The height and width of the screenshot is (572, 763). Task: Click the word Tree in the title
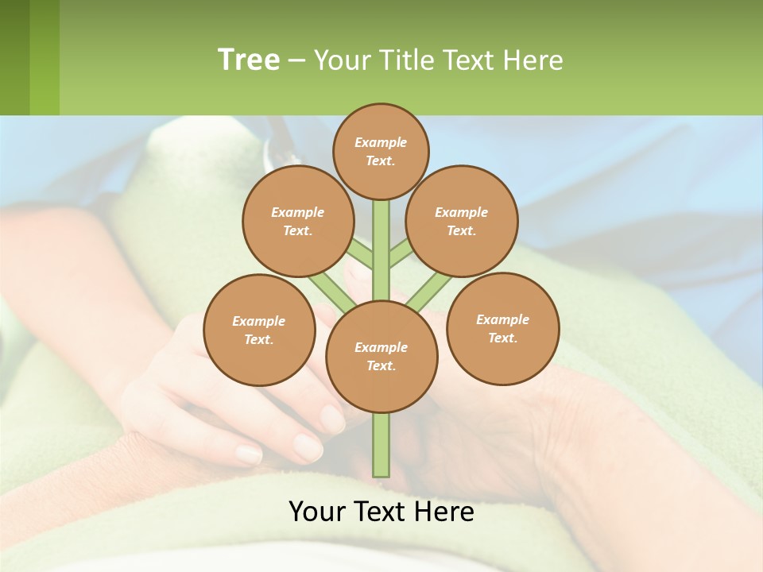tap(249, 60)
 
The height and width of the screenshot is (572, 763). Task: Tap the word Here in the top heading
tap(534, 60)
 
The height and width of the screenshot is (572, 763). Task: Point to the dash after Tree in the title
tap(296, 61)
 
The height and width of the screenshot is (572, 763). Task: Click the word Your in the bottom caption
tap(317, 512)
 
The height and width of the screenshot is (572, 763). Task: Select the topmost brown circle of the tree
tap(381, 151)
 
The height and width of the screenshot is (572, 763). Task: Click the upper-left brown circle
tap(297, 222)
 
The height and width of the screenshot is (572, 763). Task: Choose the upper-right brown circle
tap(462, 222)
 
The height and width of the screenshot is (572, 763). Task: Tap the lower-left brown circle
tap(259, 330)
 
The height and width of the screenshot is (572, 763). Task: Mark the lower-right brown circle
tap(503, 329)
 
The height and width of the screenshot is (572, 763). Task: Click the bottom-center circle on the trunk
tap(381, 357)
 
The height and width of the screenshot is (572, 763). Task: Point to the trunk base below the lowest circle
tap(381, 445)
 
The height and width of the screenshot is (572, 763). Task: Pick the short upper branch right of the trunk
tap(401, 253)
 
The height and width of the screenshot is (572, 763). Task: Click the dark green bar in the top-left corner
tap(14, 57)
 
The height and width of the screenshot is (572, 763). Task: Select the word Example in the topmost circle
tap(381, 142)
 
